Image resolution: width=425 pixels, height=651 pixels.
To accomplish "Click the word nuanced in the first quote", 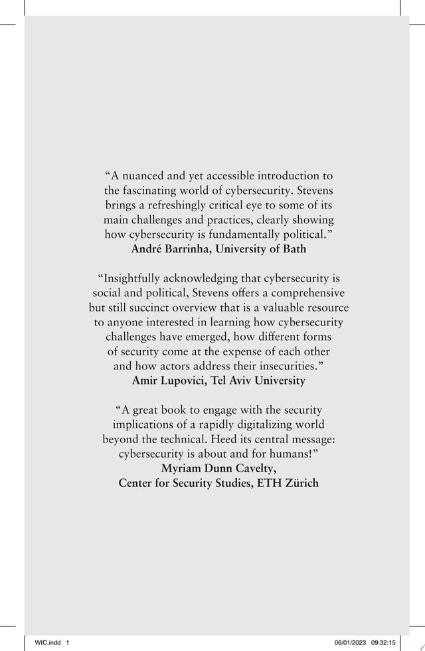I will pyautogui.click(x=143, y=176).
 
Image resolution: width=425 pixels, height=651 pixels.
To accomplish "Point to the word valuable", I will pyautogui.click(x=278, y=308).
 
